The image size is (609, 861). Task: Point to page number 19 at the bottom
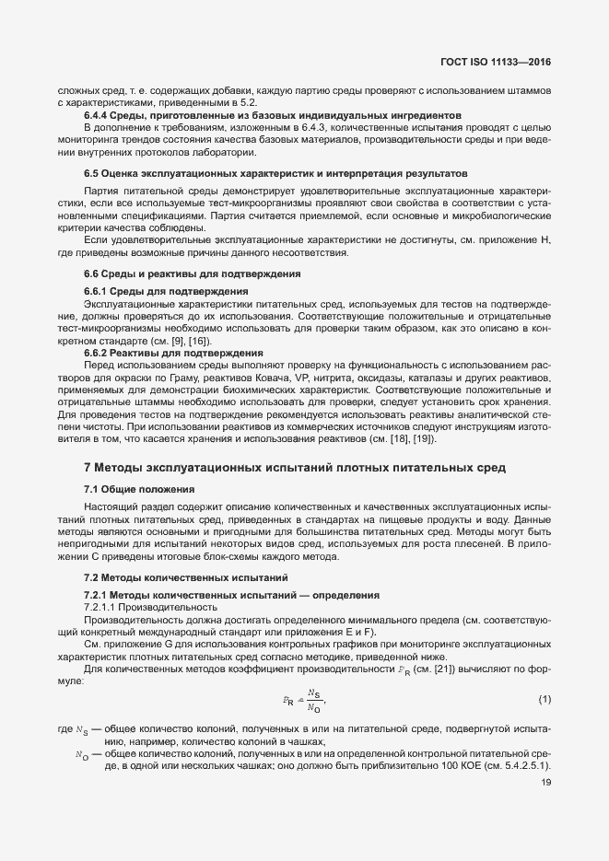pyautogui.click(x=545, y=784)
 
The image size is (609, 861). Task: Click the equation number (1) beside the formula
pyautogui.click(x=545, y=700)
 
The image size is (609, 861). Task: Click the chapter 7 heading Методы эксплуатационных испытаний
pyautogui.click(x=295, y=468)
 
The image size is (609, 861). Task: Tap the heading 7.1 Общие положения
pyautogui.click(x=139, y=487)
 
